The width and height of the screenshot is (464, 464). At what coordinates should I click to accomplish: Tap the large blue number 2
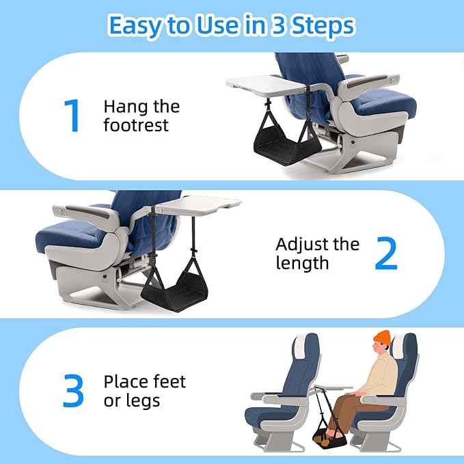click(386, 254)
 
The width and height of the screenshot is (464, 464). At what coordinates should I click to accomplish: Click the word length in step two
click(303, 264)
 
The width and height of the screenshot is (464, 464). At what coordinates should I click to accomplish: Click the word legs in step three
click(142, 400)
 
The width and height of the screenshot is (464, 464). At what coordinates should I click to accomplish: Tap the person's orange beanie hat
click(383, 340)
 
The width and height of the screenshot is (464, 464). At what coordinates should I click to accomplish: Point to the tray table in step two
click(199, 204)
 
